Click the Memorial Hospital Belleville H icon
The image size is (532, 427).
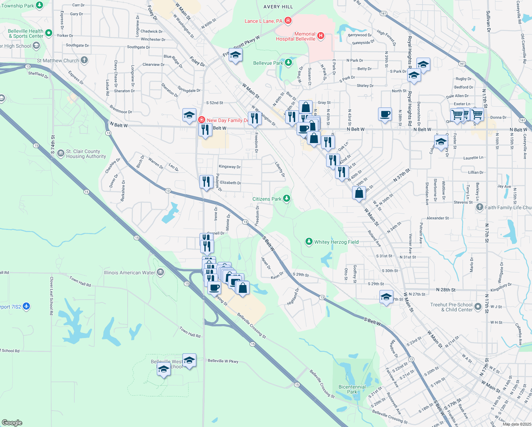(x=321, y=35)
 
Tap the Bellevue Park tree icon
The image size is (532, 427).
(x=288, y=63)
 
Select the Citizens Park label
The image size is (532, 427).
(x=267, y=199)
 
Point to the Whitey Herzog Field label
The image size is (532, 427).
(x=336, y=242)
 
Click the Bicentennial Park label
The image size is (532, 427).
(x=352, y=389)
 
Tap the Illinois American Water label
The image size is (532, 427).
(x=129, y=273)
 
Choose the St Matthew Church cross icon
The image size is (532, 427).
(x=84, y=60)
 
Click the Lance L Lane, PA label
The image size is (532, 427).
(x=264, y=21)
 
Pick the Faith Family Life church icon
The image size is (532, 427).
(x=480, y=207)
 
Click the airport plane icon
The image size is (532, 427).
(x=26, y=306)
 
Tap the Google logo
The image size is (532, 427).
(x=12, y=422)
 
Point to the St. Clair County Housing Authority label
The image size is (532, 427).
(x=86, y=154)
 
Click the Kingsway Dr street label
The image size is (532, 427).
(x=230, y=167)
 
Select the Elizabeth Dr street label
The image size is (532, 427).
(x=230, y=183)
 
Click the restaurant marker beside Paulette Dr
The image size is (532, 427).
(x=206, y=182)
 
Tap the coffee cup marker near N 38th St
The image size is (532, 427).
(x=385, y=114)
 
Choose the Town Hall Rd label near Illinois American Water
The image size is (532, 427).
(x=80, y=281)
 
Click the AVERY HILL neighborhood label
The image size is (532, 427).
(x=278, y=7)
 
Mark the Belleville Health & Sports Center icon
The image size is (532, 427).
(x=49, y=33)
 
